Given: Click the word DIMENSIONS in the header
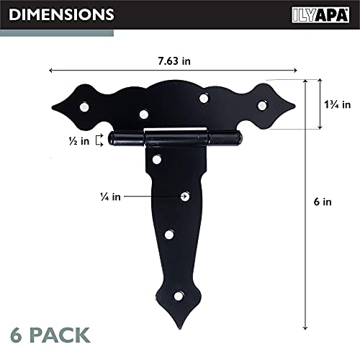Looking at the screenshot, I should click(62, 14).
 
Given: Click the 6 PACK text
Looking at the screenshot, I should click(50, 334).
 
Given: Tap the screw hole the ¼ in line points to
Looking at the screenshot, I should click(186, 195).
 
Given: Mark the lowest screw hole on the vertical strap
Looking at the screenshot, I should click(179, 294).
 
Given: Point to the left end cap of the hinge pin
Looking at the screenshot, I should click(115, 138).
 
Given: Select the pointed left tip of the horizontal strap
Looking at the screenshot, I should click(51, 108).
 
